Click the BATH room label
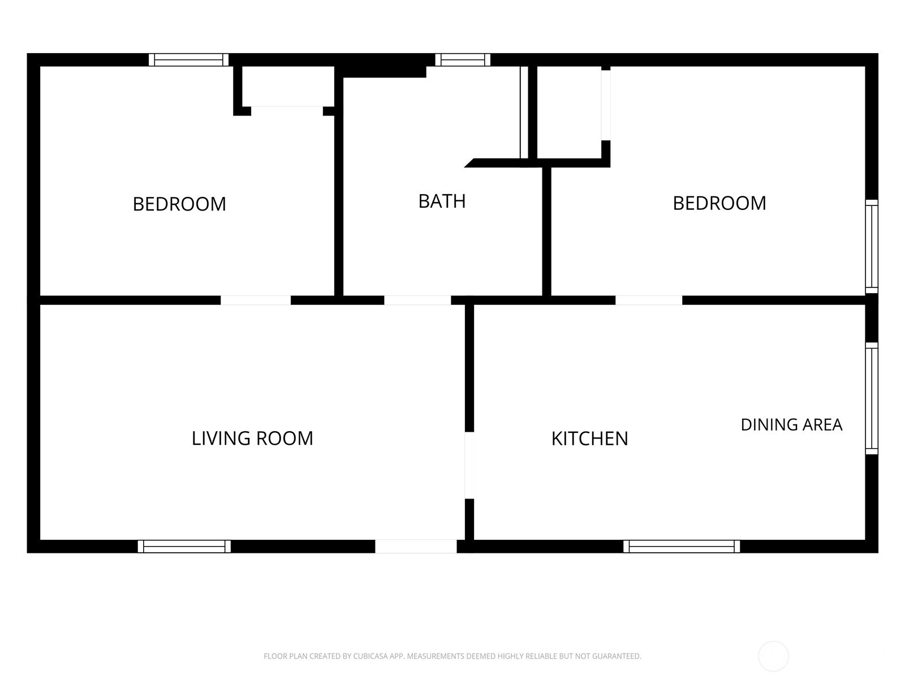coord(442,201)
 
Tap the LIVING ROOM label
coord(252,438)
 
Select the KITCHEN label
coord(589,439)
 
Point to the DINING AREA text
coord(791,424)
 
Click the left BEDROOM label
coord(179,204)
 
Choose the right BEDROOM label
coord(719,203)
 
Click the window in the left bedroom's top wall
coord(188,60)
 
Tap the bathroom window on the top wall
coord(463,60)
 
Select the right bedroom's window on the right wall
coord(871,247)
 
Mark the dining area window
coord(871,398)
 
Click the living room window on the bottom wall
coord(184,546)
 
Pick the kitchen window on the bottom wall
coord(682,546)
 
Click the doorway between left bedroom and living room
coord(256,300)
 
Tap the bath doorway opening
coord(417,300)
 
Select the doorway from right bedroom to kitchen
coord(649,300)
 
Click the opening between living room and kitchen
coord(469,465)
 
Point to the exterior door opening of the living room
coord(416,546)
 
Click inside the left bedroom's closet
coord(288,86)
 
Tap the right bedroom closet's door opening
coord(606,105)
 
